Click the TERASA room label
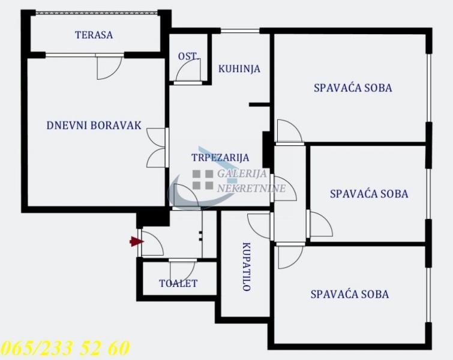(94, 35)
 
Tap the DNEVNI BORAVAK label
(94, 125)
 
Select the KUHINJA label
(239, 69)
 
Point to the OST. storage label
(187, 56)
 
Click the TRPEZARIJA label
(220, 157)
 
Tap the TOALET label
(178, 283)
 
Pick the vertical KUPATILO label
(246, 266)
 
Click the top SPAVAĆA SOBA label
(353, 88)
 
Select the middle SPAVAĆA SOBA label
(369, 194)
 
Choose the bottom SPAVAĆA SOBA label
(350, 295)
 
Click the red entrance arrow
(136, 241)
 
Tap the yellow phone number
(65, 348)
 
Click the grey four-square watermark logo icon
(203, 180)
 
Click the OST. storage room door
(188, 70)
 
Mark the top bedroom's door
(289, 131)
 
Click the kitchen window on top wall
(240, 31)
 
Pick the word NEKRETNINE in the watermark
(251, 188)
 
